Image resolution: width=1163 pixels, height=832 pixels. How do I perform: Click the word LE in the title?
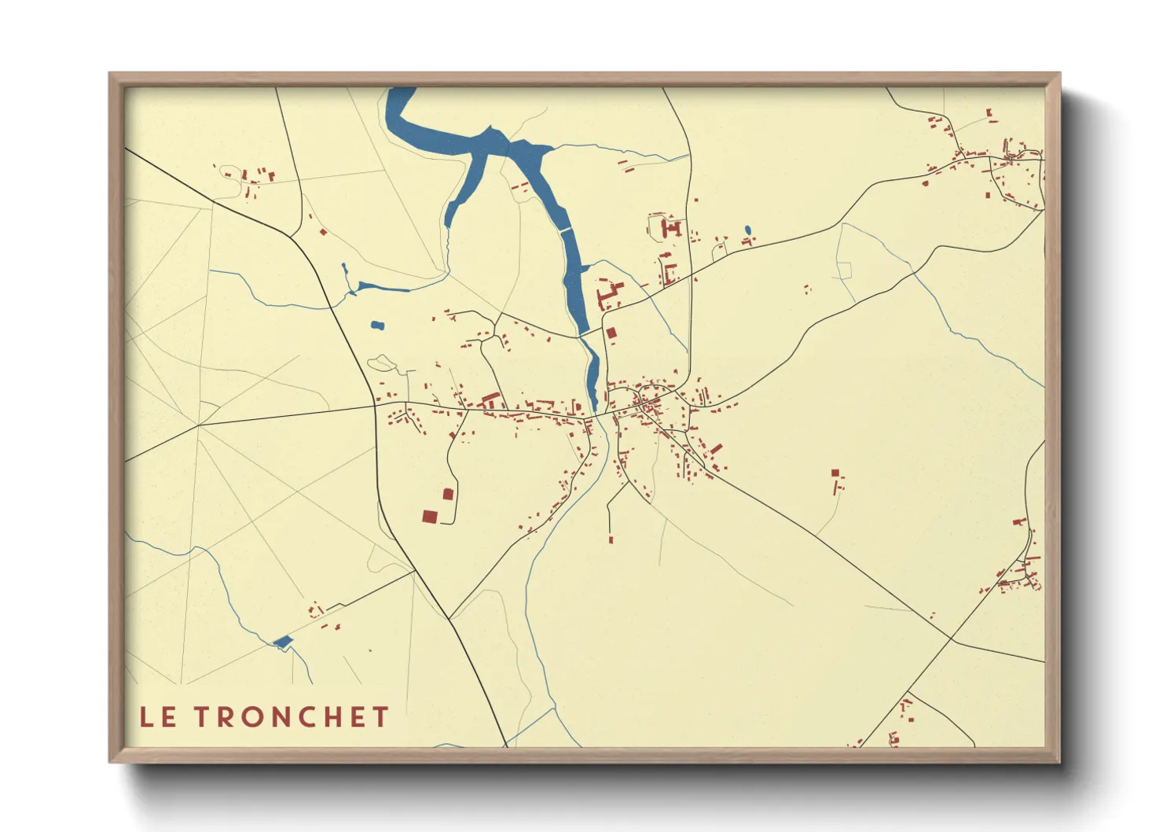(x=157, y=717)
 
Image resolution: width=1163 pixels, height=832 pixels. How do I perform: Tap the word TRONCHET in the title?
(x=292, y=717)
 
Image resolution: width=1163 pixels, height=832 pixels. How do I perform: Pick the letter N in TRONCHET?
(x=282, y=717)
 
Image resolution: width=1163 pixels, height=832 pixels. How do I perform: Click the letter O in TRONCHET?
(x=254, y=717)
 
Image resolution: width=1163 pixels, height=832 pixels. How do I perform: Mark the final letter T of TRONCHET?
(x=381, y=717)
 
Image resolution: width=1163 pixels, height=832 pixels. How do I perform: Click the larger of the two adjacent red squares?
(x=429, y=517)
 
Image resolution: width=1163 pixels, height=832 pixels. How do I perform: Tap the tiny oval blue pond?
(x=748, y=230)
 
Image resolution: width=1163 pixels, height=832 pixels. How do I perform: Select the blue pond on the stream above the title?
(x=282, y=642)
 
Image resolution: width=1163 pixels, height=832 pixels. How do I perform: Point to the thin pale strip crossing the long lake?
(x=565, y=230)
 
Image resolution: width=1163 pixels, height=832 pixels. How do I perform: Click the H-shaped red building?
(x=672, y=229)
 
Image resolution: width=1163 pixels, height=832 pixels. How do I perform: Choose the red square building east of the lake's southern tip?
(x=611, y=333)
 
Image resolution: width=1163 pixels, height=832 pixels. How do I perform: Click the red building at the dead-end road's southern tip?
(x=611, y=539)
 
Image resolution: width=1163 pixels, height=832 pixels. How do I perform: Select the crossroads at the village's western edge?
(x=376, y=407)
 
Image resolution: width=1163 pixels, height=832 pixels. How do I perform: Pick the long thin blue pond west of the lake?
(x=383, y=287)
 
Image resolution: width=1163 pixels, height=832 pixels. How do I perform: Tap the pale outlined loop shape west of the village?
(x=382, y=363)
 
